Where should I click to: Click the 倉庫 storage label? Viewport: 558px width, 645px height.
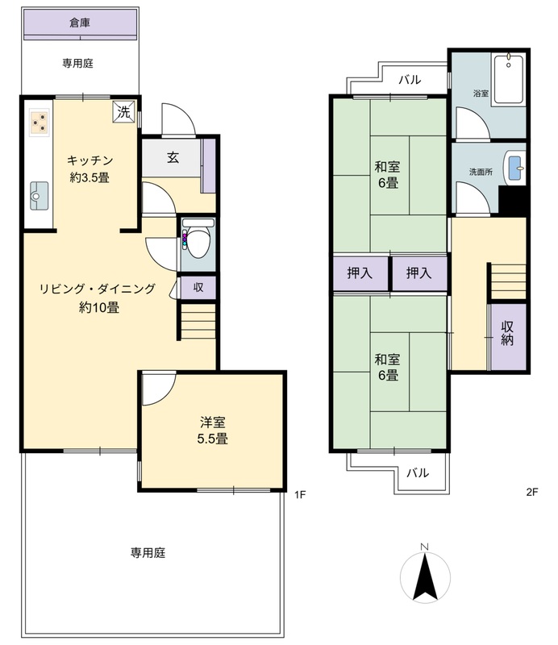(x=80, y=23)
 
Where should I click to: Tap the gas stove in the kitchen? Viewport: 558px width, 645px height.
(x=40, y=123)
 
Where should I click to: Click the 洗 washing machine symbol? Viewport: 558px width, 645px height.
(x=124, y=111)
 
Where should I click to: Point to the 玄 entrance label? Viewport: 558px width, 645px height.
(x=173, y=157)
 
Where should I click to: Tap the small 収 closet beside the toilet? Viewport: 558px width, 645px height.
(x=198, y=287)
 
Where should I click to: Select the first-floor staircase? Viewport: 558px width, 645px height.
(x=198, y=321)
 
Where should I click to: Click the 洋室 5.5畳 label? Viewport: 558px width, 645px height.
(x=212, y=431)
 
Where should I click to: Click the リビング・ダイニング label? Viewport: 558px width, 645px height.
(x=98, y=289)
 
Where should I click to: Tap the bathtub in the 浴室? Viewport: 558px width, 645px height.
(x=509, y=79)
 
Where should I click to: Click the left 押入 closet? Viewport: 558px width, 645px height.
(x=360, y=273)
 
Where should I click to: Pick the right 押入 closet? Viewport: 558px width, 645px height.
(x=419, y=273)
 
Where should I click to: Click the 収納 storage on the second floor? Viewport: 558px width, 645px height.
(x=509, y=336)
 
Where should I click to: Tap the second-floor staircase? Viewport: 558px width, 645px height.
(x=508, y=281)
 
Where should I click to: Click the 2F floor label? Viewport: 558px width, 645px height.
(x=532, y=492)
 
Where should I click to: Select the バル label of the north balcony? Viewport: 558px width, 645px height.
(x=410, y=79)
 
